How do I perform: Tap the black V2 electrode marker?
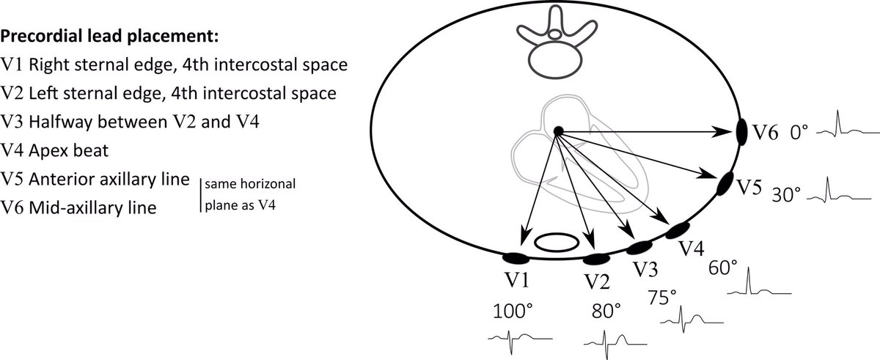click(596, 259)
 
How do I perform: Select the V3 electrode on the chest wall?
click(639, 247)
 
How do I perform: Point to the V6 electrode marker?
click(742, 132)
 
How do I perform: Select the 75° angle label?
click(663, 297)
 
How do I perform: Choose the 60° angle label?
click(723, 268)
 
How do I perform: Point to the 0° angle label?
click(799, 133)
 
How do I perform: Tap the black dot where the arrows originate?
click(557, 131)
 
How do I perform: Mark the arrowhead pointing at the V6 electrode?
click(730, 132)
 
